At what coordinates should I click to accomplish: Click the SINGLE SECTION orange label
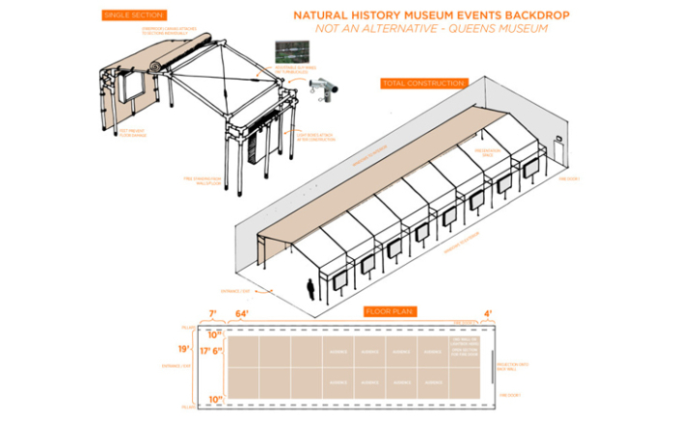click(x=133, y=15)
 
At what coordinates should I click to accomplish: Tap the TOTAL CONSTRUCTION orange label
click(x=424, y=84)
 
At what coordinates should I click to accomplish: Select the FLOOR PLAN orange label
click(x=390, y=311)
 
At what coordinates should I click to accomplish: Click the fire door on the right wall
click(x=558, y=147)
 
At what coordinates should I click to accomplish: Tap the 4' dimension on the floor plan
click(x=487, y=313)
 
